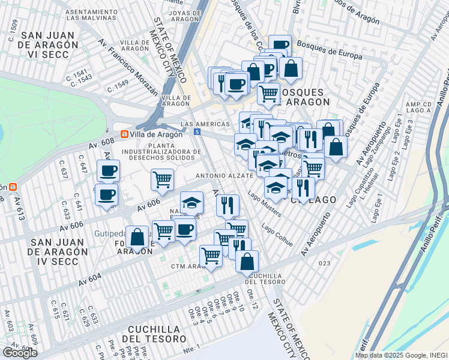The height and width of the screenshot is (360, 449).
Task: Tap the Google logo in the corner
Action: point(20,353)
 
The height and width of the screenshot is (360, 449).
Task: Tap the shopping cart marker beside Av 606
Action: point(162,179)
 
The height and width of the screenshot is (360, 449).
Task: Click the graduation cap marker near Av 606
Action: point(192,202)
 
